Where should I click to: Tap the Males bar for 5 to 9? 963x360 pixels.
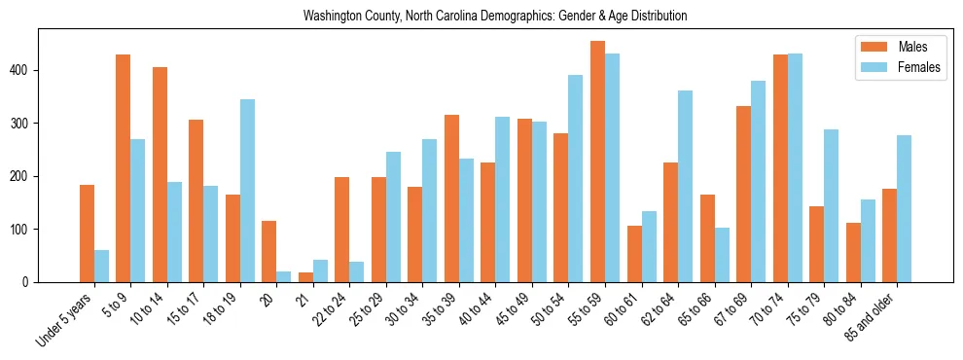(x=124, y=168)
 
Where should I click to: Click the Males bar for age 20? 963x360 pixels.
(x=269, y=251)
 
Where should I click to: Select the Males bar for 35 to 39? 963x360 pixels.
(x=451, y=198)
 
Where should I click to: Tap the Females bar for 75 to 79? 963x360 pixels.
(x=831, y=205)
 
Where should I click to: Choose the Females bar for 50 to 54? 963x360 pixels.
(x=576, y=178)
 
